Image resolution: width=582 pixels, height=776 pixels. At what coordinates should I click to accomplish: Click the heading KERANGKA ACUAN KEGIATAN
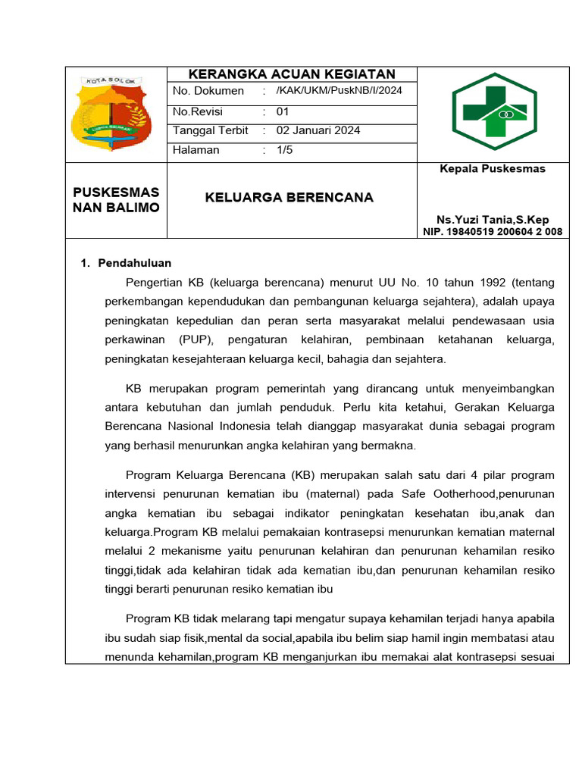292,74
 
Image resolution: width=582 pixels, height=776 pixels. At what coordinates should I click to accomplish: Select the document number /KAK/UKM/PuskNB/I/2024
339,91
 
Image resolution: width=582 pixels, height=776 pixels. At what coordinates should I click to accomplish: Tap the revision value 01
283,111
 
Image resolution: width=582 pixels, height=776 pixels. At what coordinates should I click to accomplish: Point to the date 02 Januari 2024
318,130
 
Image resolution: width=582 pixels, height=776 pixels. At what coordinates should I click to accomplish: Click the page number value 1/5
284,150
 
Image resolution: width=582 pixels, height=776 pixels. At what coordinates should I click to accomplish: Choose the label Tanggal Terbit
211,130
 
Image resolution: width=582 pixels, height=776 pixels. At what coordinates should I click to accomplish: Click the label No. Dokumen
208,91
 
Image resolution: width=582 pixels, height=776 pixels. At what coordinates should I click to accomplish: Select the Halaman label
196,150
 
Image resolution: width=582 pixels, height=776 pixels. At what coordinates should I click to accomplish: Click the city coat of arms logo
111,111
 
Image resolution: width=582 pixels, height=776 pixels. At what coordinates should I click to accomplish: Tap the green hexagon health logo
493,112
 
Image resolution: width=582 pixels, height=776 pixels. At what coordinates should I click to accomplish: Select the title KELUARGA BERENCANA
289,198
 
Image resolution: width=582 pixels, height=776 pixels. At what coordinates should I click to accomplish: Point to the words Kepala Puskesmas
493,169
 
